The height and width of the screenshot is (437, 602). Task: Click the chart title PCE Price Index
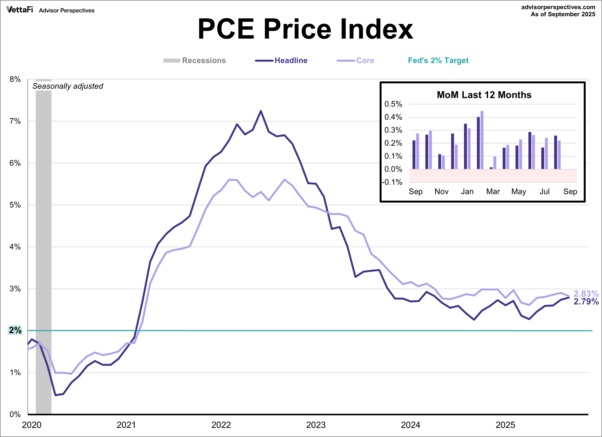point(305,29)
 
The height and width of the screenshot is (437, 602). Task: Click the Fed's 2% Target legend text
point(438,60)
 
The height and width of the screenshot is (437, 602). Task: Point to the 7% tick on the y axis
point(15,121)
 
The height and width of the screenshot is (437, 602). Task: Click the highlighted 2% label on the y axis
point(15,330)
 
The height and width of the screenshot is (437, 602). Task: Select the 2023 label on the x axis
point(316,425)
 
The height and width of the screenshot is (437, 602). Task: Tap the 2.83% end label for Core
point(586,294)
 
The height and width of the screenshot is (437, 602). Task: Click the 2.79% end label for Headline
point(586,301)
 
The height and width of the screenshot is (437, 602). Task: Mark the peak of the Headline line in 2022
point(261,111)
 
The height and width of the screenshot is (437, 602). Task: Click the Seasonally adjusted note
point(68,86)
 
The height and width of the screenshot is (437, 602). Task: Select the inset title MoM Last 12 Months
point(484,95)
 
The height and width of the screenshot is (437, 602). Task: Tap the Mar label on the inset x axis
point(493,191)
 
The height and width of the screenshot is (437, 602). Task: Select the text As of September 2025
point(563,14)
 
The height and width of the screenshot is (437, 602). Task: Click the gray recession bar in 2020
point(43,239)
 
